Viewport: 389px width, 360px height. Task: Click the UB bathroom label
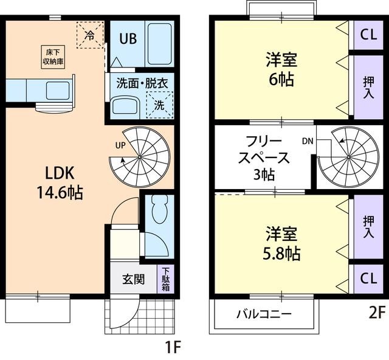tap(127, 38)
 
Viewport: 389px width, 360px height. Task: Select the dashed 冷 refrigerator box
tap(89, 35)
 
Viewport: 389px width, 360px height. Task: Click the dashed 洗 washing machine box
tap(160, 104)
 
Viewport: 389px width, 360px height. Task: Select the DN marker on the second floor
tap(308, 141)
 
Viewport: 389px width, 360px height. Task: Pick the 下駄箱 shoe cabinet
tap(165, 280)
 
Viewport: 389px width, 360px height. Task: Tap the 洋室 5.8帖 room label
tap(282, 243)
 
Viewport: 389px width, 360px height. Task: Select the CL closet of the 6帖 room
tap(368, 34)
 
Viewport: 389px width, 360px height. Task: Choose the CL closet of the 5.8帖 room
tap(368, 279)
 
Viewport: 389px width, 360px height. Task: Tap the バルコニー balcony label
tap(264, 314)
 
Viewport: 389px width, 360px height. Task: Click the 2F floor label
tap(376, 313)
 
